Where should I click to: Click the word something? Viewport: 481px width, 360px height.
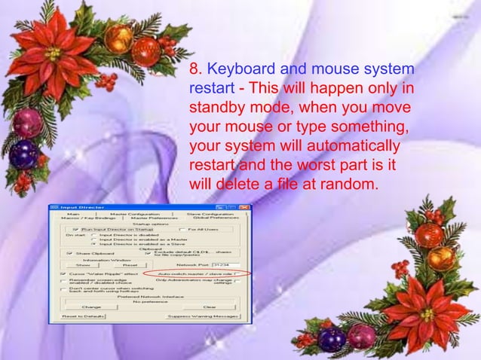367,124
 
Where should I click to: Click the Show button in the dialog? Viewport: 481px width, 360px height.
83,265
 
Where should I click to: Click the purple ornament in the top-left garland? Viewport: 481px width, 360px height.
25,155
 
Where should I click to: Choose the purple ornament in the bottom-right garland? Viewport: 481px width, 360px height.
331,340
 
